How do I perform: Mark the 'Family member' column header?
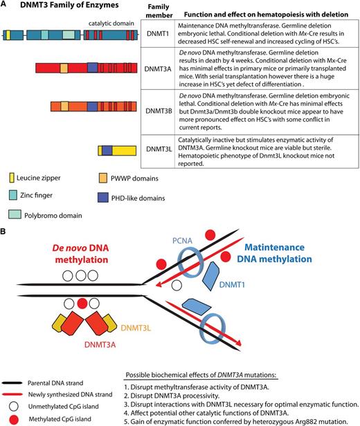[160, 12]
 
